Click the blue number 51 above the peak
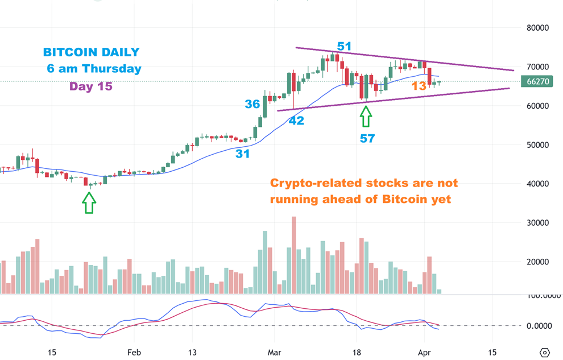344,47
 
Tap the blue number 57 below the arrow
367,138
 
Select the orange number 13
419,86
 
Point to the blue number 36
252,104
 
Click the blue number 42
296,121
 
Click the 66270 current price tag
537,81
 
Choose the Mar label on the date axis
275,353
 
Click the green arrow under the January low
89,202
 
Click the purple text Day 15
91,86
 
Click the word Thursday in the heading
112,69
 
